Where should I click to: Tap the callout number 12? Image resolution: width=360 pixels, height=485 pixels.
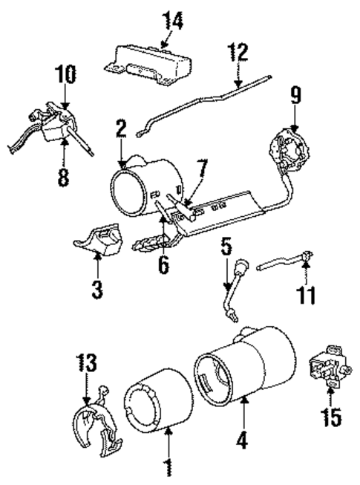pyautogui.click(x=238, y=53)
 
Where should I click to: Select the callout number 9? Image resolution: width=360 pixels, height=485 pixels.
pyautogui.click(x=295, y=96)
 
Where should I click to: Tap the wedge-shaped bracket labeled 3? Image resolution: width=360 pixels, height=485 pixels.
pyautogui.click(x=102, y=242)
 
